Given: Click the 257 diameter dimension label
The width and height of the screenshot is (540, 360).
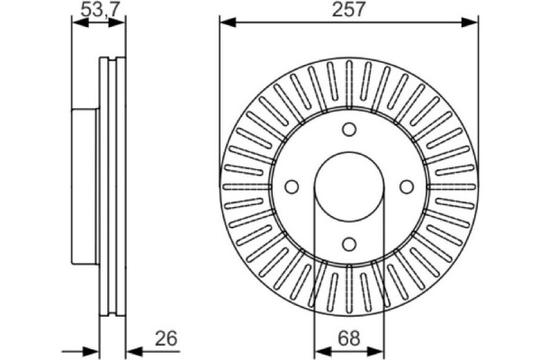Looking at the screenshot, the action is coord(347,10).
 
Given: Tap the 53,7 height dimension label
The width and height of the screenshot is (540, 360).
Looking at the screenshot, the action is coord(100,10).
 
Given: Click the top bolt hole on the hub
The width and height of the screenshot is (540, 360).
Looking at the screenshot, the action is coord(349,130).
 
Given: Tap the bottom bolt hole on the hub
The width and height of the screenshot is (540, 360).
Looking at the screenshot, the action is coord(349,244).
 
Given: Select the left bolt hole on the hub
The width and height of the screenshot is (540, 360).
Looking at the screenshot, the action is coord(292,187).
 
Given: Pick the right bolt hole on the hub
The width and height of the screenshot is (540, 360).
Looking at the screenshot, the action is coord(407,187).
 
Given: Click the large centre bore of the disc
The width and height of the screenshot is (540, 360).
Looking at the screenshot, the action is coord(349,187).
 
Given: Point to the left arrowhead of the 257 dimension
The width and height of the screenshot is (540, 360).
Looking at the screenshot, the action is coord(228,22).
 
